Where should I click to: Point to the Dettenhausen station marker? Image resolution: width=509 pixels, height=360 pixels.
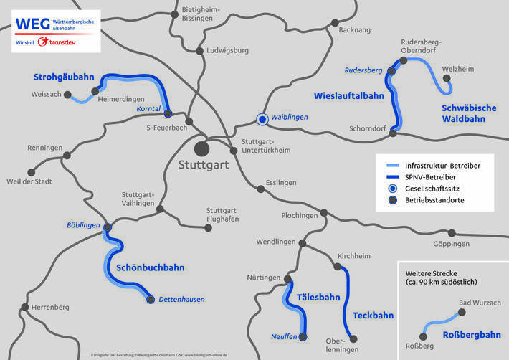pyautogui.click(x=151, y=300)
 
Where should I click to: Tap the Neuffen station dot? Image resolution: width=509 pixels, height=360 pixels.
pyautogui.click(x=303, y=336)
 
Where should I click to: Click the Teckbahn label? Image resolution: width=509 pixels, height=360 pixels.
pyautogui.click(x=373, y=315)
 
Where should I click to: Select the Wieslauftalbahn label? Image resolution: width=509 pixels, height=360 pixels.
pyautogui.click(x=348, y=95)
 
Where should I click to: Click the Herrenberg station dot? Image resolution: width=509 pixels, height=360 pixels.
pyautogui.click(x=25, y=307)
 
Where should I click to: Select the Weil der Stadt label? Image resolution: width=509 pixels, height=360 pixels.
pyautogui.click(x=28, y=181)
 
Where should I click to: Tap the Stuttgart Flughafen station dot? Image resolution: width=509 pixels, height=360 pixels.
pyautogui.click(x=209, y=228)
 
